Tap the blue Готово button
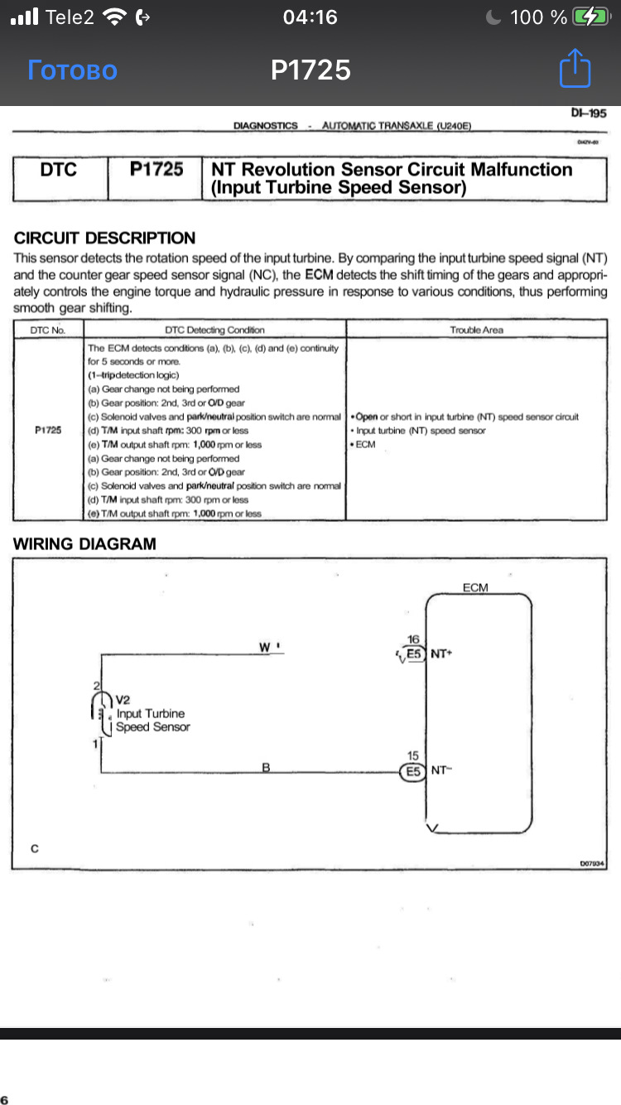pyautogui.click(x=73, y=70)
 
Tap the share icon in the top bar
pyautogui.click(x=575, y=68)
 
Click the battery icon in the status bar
pyautogui.click(x=595, y=17)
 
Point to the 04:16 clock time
pyautogui.click(x=310, y=17)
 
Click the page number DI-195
pyautogui.click(x=588, y=113)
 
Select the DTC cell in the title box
pyautogui.click(x=59, y=170)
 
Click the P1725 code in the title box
pyautogui.click(x=156, y=170)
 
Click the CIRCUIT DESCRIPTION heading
pyautogui.click(x=105, y=238)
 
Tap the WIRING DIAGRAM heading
pyautogui.click(x=84, y=543)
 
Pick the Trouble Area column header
pyautogui.click(x=476, y=330)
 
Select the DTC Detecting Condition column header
pyautogui.click(x=214, y=330)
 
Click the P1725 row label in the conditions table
pyautogui.click(x=48, y=430)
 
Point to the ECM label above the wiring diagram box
pyautogui.click(x=475, y=587)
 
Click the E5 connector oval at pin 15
pyautogui.click(x=412, y=772)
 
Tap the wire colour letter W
pyautogui.click(x=264, y=646)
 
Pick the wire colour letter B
pyautogui.click(x=266, y=767)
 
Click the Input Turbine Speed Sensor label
pyautogui.click(x=152, y=720)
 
